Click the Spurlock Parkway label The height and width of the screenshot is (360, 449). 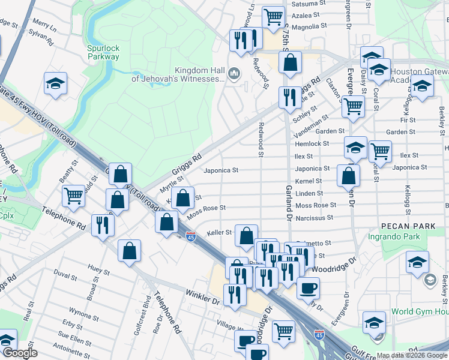pos(103,52)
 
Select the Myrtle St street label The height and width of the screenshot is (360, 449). pos(171,182)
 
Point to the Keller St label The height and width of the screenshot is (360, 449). pos(219,232)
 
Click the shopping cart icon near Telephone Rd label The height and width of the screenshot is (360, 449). pos(73,194)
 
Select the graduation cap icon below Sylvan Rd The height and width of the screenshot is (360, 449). pos(55,83)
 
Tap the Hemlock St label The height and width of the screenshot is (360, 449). pos(312,144)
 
